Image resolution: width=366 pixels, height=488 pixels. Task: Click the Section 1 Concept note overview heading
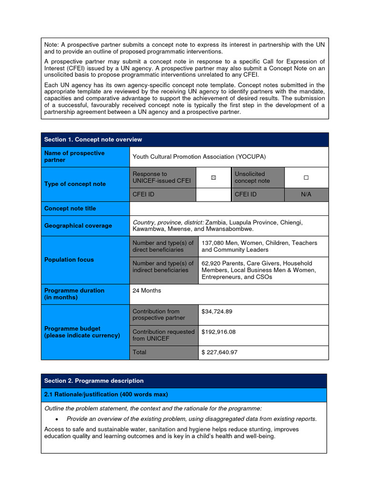(93, 140)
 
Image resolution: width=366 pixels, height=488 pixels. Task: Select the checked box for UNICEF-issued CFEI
(213, 177)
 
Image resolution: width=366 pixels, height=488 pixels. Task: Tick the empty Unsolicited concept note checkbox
(306, 177)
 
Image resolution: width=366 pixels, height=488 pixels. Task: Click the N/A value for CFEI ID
(306, 194)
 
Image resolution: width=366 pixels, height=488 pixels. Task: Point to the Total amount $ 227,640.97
(219, 353)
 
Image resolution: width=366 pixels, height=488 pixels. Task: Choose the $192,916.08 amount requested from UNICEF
(218, 332)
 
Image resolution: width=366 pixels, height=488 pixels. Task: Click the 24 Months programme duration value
(147, 291)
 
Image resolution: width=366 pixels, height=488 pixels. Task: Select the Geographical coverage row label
(78, 226)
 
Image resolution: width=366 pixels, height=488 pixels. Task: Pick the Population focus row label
(69, 260)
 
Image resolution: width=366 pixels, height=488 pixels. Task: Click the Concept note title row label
(70, 209)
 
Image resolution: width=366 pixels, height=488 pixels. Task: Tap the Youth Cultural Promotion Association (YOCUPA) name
(199, 157)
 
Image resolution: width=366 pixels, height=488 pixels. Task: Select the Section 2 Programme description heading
(94, 381)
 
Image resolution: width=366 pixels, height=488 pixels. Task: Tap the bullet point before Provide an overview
(56, 419)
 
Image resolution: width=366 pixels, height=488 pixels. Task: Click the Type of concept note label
(75, 184)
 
